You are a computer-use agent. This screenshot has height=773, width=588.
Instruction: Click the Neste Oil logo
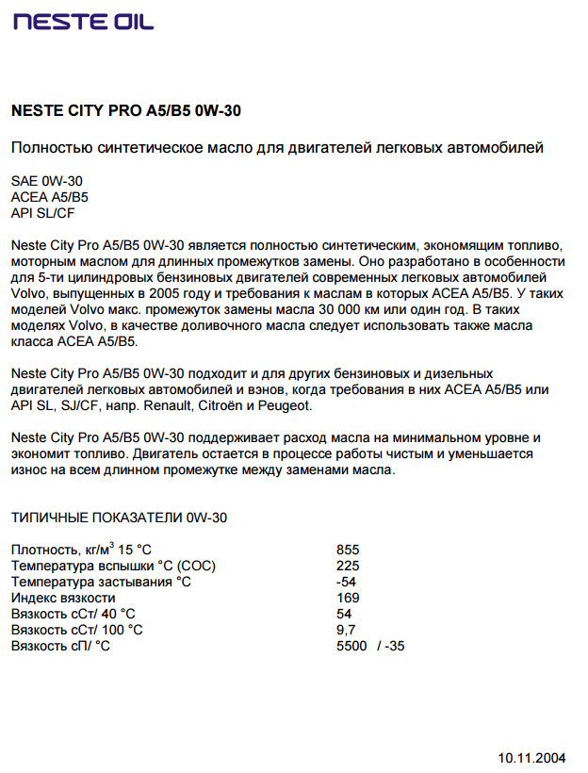point(83,22)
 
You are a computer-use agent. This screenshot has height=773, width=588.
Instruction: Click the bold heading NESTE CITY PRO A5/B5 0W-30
point(125,111)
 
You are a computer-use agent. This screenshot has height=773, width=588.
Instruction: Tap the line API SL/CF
point(42,213)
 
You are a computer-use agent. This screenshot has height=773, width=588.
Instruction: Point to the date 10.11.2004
point(531,757)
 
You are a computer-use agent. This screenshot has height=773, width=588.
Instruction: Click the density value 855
point(348,550)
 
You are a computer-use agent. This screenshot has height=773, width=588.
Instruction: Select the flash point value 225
point(348,566)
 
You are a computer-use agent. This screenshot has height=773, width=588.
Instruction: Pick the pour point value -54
point(346,582)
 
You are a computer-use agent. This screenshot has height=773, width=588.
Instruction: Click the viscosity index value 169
point(348,598)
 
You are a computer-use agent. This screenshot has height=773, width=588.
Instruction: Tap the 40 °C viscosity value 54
point(344,614)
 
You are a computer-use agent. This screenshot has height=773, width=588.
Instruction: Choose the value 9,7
point(346,630)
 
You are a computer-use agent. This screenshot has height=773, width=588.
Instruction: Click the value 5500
point(351,646)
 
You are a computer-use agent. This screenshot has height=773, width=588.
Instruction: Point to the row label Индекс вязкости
point(63,598)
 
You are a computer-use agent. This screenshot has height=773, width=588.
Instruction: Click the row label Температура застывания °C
point(101,582)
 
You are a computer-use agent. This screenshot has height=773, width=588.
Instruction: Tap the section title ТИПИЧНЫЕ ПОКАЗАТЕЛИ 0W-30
point(119,518)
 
